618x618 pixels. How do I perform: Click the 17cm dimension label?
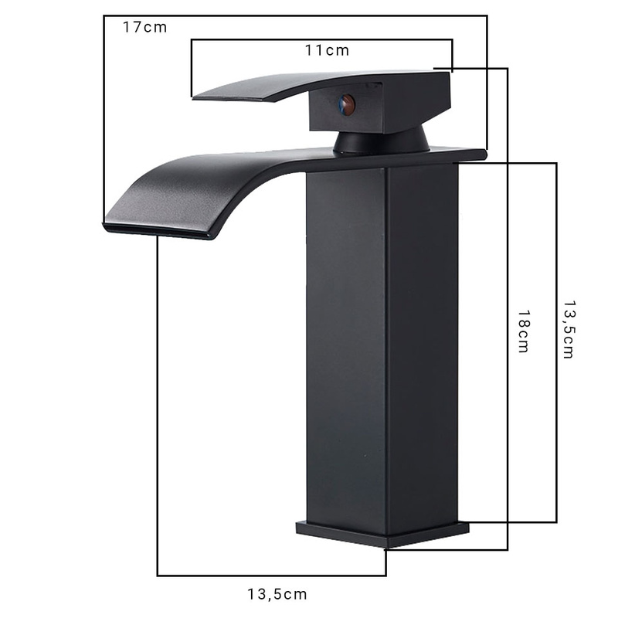pos(144,27)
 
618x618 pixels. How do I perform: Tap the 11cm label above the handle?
pos(327,51)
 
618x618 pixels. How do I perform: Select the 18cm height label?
pos(523,331)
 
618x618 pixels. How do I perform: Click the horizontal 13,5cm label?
pos(277,594)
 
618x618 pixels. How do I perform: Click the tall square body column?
pos(382,348)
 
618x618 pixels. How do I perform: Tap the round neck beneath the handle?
pos(382,141)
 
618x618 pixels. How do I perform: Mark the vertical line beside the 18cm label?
pos(508,309)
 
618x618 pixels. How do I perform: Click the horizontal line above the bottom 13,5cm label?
pos(270,576)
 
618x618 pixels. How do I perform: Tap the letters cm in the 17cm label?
pos(155,27)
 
